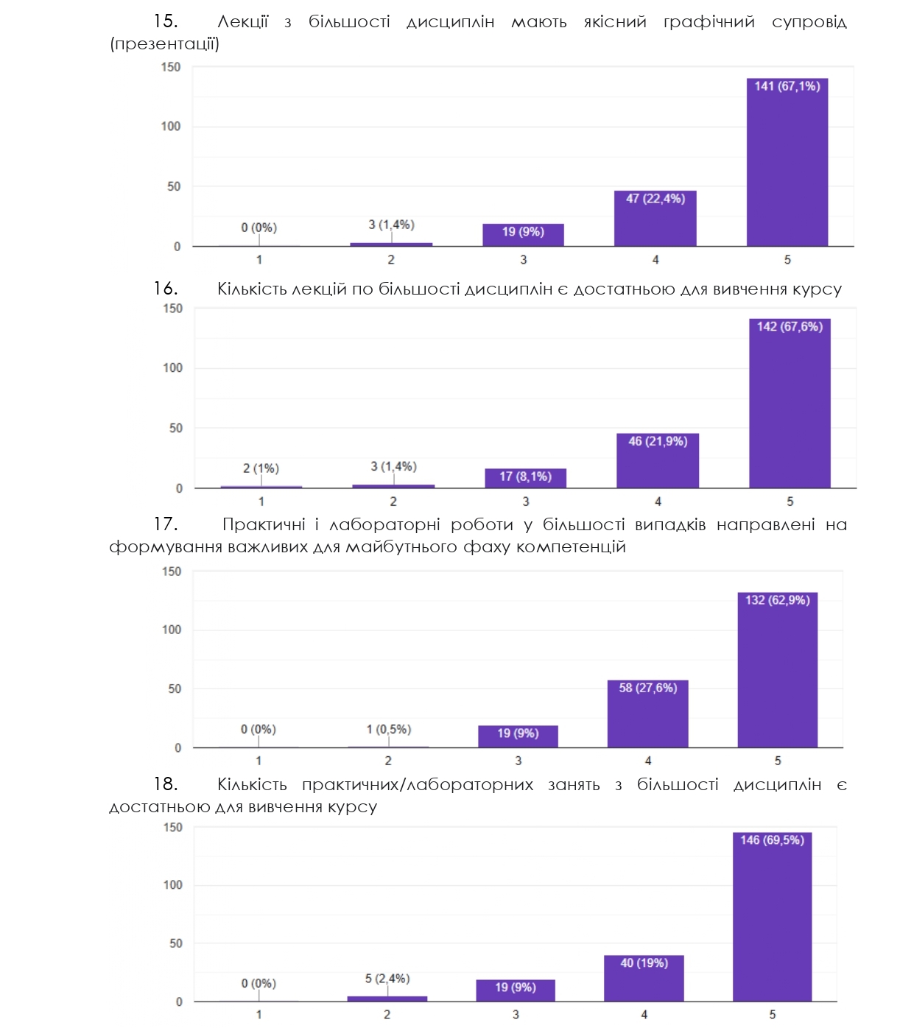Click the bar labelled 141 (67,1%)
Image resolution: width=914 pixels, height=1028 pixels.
point(787,166)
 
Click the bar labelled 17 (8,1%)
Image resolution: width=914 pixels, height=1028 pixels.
point(525,479)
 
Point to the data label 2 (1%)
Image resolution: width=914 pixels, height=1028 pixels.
point(261,468)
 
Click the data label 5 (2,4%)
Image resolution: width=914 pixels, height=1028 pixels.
point(387,979)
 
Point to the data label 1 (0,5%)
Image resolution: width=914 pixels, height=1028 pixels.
point(389,729)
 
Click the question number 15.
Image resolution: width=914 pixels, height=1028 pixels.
point(165,21)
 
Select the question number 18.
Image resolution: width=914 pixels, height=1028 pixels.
point(165,784)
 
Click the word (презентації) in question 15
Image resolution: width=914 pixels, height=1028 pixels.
point(164,44)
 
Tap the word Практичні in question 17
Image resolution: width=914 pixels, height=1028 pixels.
point(264,524)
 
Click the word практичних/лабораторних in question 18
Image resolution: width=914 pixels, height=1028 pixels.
point(418,785)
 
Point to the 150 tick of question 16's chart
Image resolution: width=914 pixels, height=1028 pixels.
point(173,309)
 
